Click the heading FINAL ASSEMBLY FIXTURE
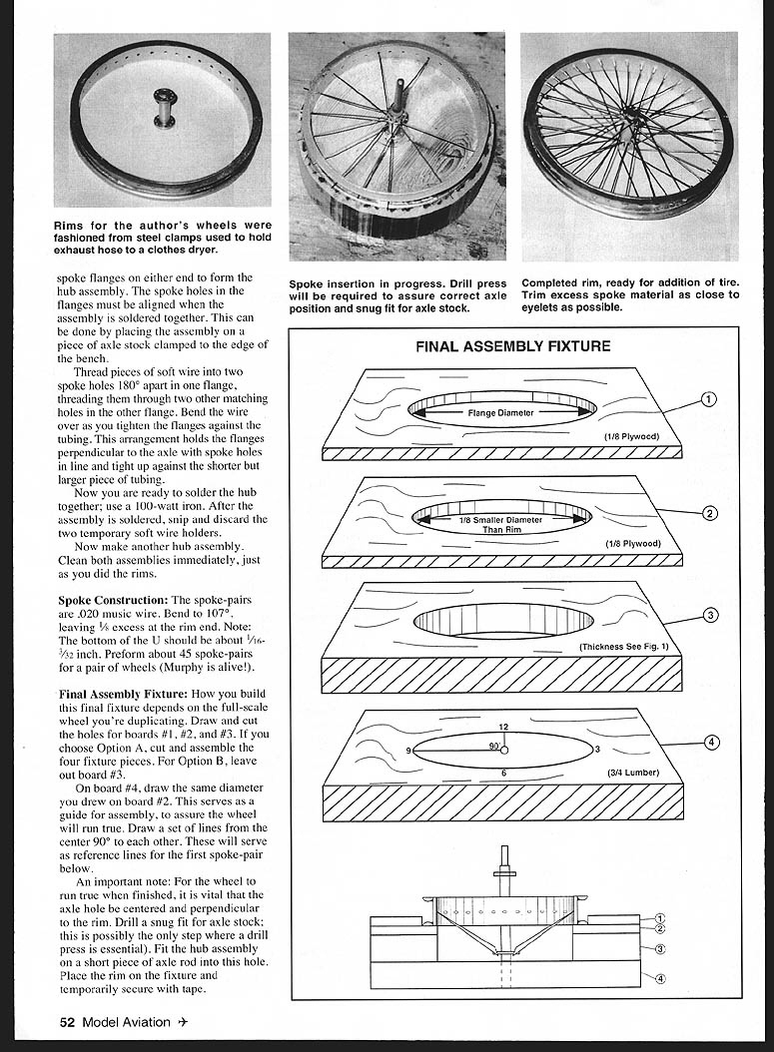513,347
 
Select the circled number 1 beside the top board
708,399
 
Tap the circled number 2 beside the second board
709,513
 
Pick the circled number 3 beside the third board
709,615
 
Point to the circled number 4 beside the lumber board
709,742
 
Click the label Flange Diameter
500,412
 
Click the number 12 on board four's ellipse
503,727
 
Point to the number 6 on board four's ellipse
503,774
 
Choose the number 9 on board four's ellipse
408,750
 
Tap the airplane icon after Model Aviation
181,1021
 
